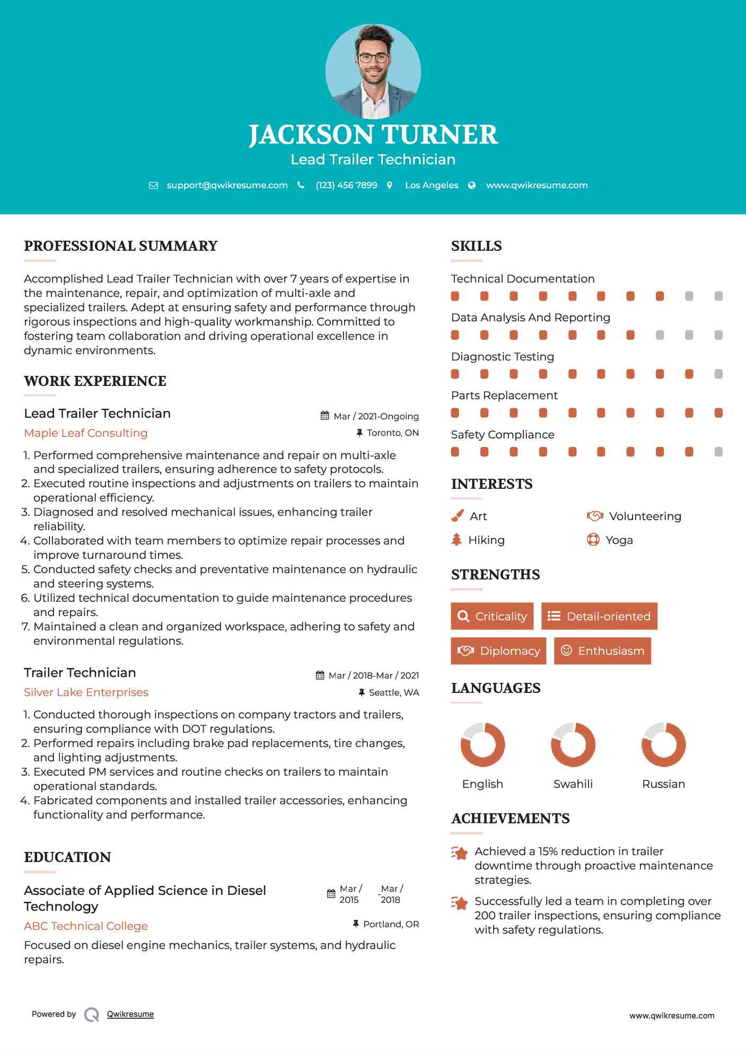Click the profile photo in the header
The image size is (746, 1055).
(373, 71)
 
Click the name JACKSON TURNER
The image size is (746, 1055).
(373, 135)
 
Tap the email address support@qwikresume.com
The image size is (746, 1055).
(227, 185)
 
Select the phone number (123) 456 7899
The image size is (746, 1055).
(346, 185)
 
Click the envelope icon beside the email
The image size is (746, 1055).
(153, 186)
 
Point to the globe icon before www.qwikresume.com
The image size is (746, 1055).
(472, 185)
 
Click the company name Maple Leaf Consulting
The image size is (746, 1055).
(86, 433)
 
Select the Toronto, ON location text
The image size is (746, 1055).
(392, 433)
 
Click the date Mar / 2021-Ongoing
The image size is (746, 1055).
(376, 416)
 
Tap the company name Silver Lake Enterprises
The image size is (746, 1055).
(86, 692)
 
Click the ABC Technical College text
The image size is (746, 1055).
(86, 926)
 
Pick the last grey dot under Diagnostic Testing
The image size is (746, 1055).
(718, 374)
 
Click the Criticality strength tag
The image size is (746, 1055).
(492, 616)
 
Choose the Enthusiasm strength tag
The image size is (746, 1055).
(602, 650)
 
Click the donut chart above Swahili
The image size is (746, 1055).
(573, 744)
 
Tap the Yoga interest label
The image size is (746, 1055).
(619, 540)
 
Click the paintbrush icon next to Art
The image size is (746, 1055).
(457, 516)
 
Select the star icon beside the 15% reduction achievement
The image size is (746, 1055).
(460, 853)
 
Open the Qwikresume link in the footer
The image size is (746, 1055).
(130, 1014)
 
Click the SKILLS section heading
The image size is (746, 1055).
(476, 246)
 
